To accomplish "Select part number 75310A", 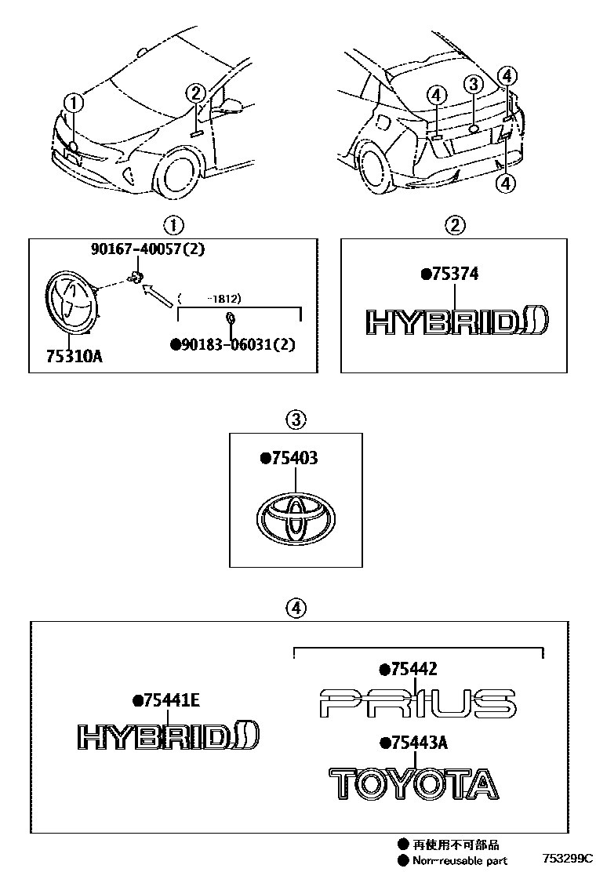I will tap(70, 358).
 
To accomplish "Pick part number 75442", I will tap(408, 669).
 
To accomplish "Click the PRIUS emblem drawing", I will tap(418, 703).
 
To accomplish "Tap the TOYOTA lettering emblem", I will tap(412, 783).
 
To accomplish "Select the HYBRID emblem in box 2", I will tap(458, 322).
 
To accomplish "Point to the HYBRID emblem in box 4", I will tap(169, 736).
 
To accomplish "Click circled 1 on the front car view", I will tap(72, 102).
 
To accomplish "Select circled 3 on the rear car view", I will tap(473, 84).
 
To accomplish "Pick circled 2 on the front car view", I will tap(196, 93).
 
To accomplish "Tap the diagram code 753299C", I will tap(566, 859).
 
